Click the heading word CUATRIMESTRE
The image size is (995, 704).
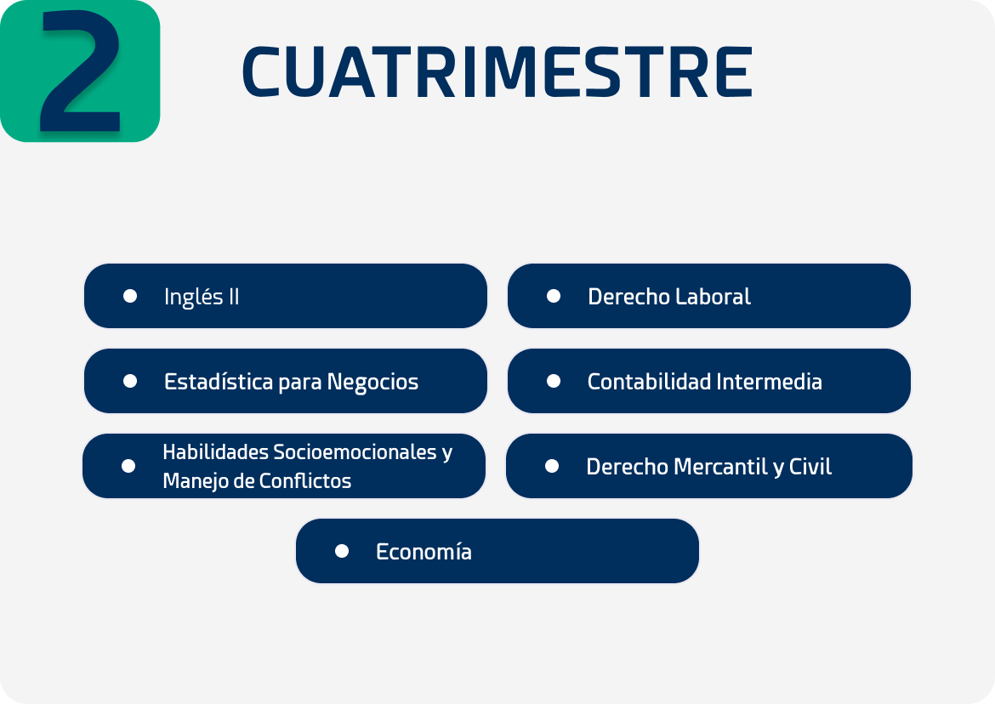pyautogui.click(x=497, y=72)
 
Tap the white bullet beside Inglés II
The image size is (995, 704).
pyautogui.click(x=130, y=296)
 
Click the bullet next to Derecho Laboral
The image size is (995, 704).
pyautogui.click(x=554, y=296)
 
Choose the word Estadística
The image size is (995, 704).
pyautogui.click(x=219, y=382)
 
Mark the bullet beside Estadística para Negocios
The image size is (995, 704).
pyautogui.click(x=130, y=381)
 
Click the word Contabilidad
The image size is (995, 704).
pyautogui.click(x=649, y=382)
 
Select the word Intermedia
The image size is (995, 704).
pyautogui.click(x=769, y=382)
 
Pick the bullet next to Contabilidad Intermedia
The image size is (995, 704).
pyautogui.click(x=554, y=381)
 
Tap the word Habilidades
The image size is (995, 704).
pyautogui.click(x=215, y=452)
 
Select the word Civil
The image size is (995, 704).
pyautogui.click(x=810, y=467)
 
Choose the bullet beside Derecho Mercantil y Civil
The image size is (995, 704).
pyautogui.click(x=552, y=466)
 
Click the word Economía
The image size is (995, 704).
pyautogui.click(x=424, y=552)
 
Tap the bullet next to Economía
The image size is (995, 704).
pyautogui.click(x=342, y=551)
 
